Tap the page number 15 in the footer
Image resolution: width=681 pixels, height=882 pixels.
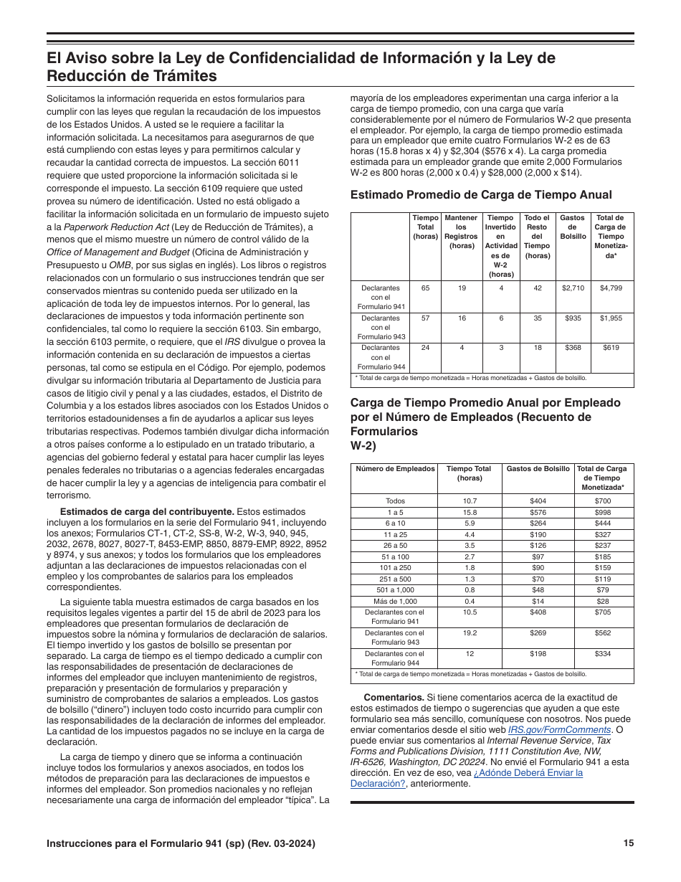(x=628, y=843)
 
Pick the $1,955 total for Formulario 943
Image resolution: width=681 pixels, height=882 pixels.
(x=610, y=318)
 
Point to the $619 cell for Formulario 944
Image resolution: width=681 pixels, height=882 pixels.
(x=610, y=348)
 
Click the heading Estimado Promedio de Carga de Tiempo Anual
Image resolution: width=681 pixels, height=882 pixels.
(x=481, y=195)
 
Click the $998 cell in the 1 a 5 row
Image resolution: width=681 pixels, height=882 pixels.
(x=602, y=513)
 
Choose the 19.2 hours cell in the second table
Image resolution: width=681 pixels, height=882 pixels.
(x=470, y=633)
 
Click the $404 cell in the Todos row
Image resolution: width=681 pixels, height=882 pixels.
(x=537, y=501)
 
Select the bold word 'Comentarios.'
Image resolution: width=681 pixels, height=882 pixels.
(x=394, y=697)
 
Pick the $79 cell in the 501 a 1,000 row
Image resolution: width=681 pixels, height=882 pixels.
(x=602, y=590)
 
